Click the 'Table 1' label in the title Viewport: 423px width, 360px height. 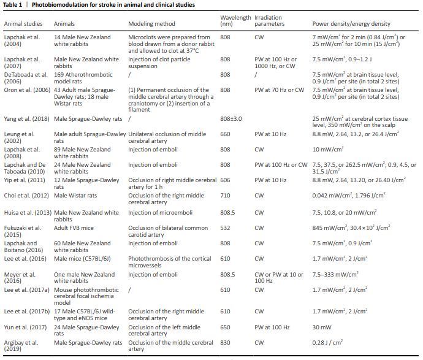12,5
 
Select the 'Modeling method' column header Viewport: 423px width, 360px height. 151,24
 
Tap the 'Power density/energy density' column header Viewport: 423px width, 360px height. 351,24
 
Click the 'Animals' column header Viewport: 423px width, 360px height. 64,24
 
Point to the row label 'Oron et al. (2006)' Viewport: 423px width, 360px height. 27,90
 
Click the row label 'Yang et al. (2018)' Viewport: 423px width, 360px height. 27,119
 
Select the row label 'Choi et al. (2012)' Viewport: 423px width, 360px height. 26,196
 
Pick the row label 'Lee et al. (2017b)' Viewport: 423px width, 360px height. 27,312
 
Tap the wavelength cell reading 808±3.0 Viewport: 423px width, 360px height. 231,119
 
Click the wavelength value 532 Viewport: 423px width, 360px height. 225,228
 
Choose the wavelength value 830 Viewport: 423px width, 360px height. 225,343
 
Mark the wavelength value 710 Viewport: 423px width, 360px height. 225,196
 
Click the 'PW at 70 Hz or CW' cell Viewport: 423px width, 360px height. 279,90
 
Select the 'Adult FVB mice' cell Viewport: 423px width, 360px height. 74,228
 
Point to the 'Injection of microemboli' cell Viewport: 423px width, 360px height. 160,213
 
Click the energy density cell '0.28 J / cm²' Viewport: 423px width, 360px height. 327,342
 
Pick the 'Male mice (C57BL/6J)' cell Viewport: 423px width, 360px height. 82,259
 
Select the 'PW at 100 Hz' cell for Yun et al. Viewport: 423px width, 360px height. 272,327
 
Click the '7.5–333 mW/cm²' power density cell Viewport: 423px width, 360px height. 335,275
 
